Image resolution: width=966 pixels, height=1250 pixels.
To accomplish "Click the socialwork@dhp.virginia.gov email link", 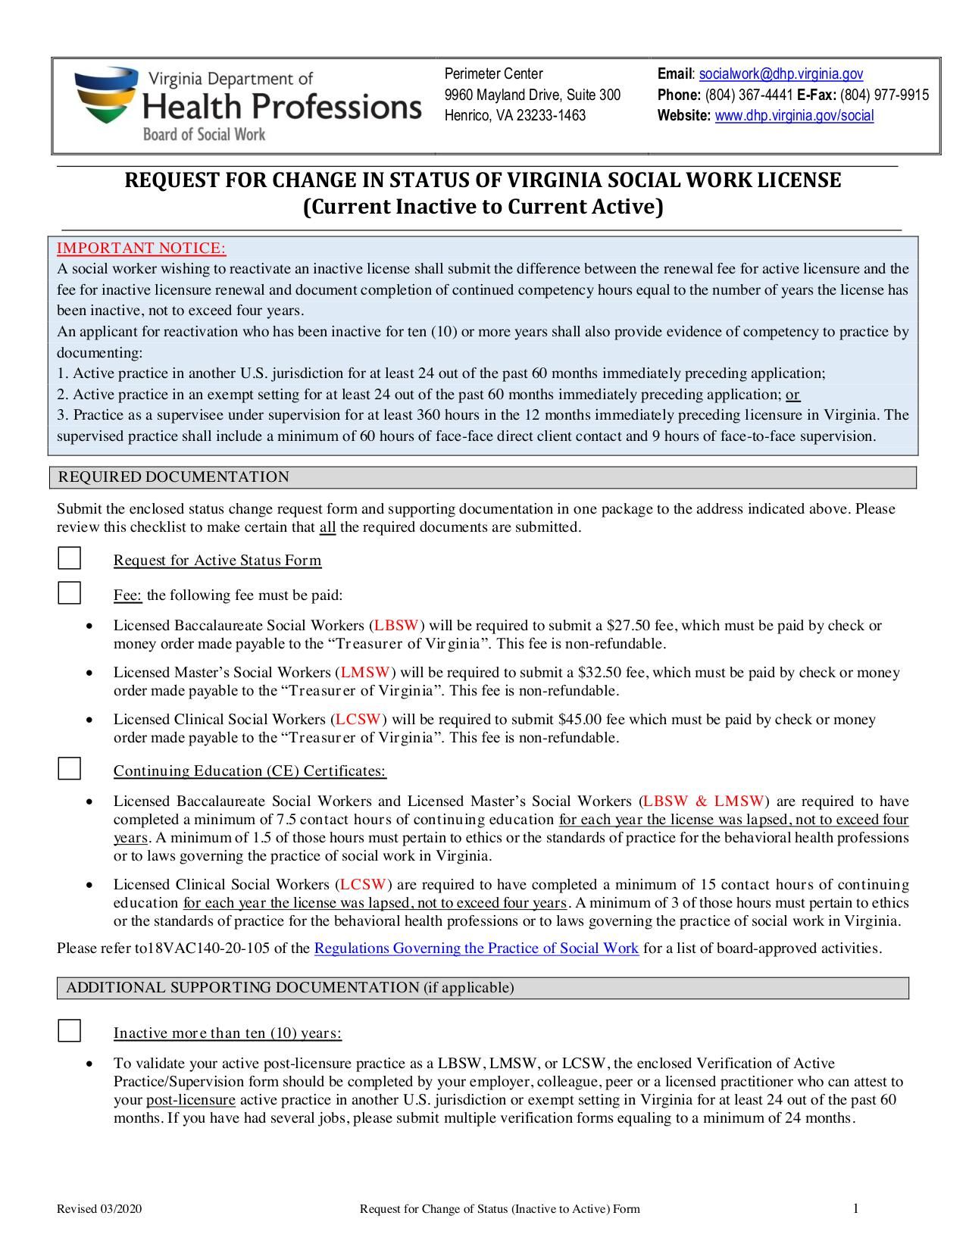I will point(780,74).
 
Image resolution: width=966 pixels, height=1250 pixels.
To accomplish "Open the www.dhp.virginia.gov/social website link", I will point(794,116).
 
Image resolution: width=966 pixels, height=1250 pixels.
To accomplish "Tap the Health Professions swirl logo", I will point(106,95).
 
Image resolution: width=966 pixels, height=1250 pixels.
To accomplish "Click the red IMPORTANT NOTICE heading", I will point(142,248).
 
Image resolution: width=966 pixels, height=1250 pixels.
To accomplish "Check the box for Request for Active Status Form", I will point(70,559).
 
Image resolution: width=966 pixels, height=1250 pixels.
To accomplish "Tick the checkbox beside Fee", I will point(70,593).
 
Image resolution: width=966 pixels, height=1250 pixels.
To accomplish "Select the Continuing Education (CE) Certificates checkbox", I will point(70,769).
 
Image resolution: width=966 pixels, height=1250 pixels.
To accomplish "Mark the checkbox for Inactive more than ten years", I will point(70,1031).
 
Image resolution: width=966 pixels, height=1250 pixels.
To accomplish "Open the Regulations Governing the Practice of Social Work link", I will point(476,948).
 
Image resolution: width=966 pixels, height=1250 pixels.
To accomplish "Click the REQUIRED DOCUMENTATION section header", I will point(174,477).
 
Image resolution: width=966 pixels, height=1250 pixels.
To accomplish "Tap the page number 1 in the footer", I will point(855,1208).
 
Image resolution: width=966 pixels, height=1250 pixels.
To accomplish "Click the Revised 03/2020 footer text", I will point(99,1209).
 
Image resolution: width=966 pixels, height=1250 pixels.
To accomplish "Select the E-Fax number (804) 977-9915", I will point(884,95).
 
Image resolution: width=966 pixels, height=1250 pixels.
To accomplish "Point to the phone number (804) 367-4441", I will point(749,95).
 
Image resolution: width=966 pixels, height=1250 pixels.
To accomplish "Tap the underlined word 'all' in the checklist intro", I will point(327,528).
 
